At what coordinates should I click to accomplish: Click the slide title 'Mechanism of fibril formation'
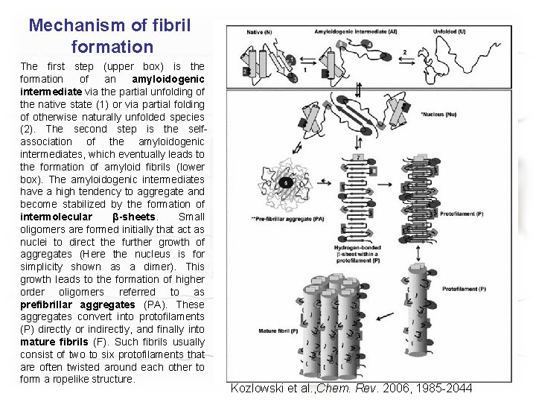coord(109,36)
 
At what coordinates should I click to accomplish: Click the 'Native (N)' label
coord(260,31)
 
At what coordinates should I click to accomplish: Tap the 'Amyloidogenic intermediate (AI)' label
coord(350,31)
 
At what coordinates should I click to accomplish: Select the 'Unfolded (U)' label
coord(450,31)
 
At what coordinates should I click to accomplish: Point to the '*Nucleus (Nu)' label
coord(444,115)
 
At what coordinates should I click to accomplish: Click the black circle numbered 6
coord(286,181)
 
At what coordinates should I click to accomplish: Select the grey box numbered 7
coord(359,158)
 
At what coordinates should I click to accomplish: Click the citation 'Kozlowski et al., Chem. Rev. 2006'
coord(351,388)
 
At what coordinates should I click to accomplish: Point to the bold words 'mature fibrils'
coord(56,342)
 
